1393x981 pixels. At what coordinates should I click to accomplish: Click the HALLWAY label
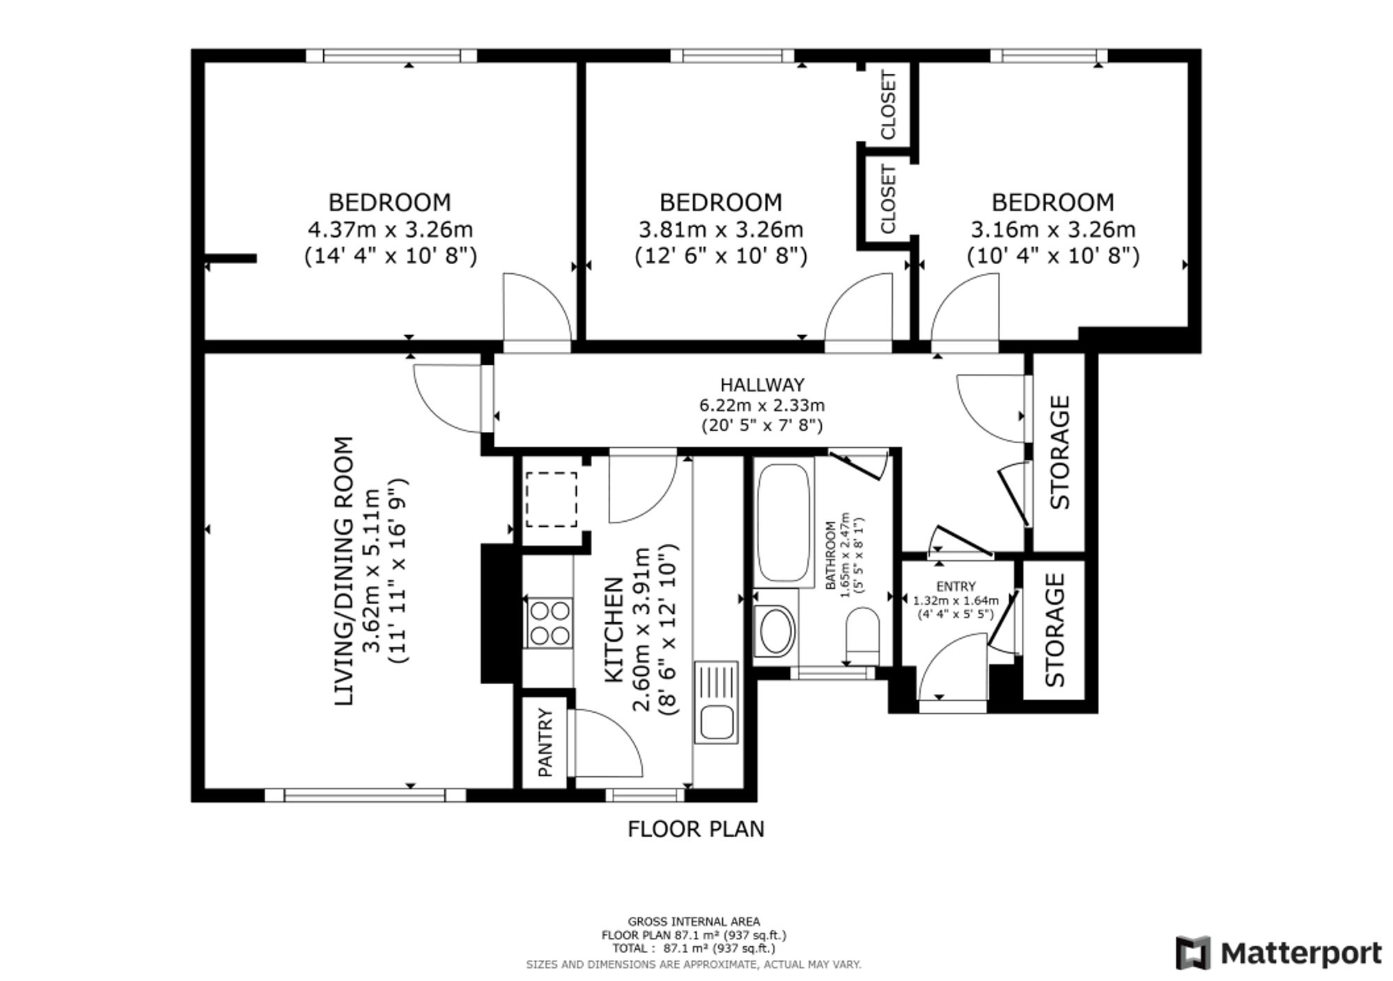(x=762, y=385)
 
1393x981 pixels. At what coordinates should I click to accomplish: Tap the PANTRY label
(x=545, y=743)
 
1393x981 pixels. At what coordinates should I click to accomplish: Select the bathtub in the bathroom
(x=784, y=523)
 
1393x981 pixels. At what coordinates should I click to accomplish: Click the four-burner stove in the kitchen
(x=550, y=623)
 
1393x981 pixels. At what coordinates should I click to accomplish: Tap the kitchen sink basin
(x=717, y=723)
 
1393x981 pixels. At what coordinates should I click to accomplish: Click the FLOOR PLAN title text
(x=696, y=829)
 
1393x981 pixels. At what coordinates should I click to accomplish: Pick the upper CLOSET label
(x=888, y=105)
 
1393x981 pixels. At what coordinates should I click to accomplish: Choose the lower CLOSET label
(x=888, y=199)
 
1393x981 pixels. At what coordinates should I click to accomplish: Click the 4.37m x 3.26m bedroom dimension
(x=390, y=229)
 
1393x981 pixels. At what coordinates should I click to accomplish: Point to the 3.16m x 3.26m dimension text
(x=1053, y=229)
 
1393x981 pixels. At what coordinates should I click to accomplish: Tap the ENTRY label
(x=956, y=587)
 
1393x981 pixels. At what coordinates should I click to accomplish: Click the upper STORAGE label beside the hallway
(x=1059, y=452)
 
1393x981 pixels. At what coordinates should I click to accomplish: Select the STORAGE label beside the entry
(x=1055, y=630)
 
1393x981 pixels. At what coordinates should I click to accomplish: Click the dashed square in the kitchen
(x=551, y=500)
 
